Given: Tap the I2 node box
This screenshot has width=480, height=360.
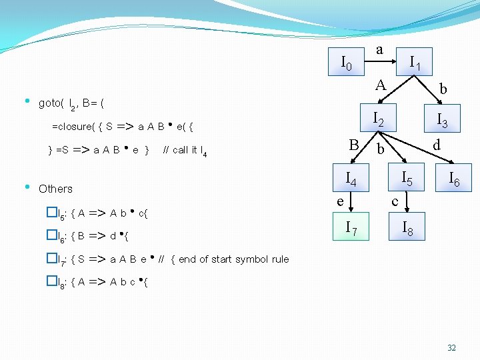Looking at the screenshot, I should [378, 119].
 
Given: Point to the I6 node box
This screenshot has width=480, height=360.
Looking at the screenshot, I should [454, 178].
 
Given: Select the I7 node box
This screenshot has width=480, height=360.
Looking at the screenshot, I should [350, 229].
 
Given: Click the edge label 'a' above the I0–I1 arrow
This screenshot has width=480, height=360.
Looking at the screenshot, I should [379, 49].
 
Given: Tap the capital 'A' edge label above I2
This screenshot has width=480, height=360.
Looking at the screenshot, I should [380, 85].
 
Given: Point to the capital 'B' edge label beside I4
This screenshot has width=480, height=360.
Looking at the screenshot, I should [354, 145].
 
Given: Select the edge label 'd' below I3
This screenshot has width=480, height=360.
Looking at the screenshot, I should [437, 145].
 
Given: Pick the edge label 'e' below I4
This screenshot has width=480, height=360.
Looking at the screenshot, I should [340, 199].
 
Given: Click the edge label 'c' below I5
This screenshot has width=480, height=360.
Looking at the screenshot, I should [395, 200].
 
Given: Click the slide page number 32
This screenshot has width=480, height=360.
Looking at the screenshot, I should [451, 348].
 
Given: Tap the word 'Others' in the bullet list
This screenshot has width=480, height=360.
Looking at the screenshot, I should [56, 189].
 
